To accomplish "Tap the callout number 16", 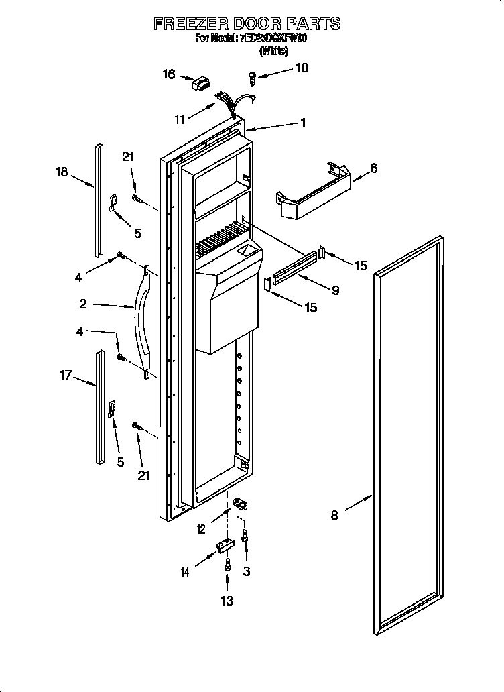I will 170,74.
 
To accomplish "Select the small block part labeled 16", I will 199,84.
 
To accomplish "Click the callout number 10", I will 302,68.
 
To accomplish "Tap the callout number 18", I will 62,172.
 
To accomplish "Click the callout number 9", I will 335,290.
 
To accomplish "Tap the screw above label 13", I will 227,565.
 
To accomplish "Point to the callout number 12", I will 201,529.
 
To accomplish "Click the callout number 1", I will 303,123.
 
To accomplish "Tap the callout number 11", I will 179,119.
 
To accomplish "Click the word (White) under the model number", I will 273,50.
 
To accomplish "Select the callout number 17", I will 65,376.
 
